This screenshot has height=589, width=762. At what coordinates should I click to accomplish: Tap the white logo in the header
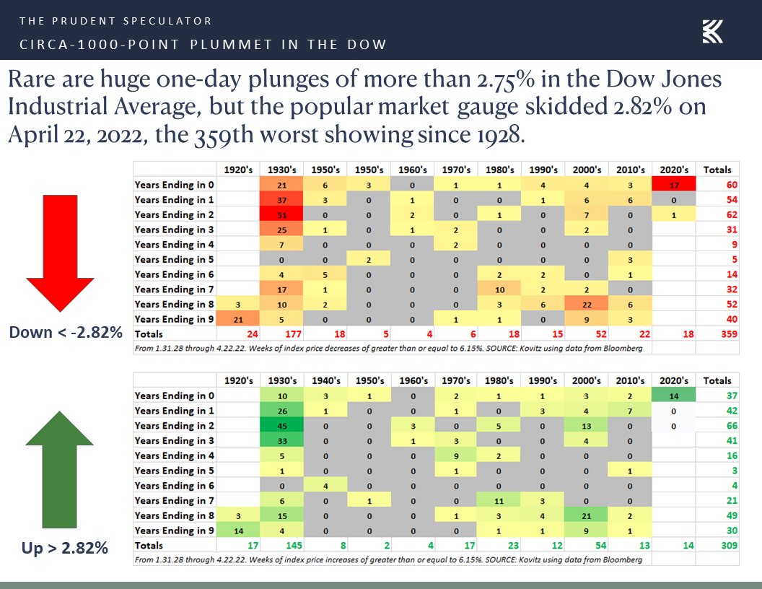(712, 31)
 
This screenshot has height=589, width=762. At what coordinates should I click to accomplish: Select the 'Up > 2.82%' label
(64, 547)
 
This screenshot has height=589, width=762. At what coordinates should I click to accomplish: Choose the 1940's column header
(326, 380)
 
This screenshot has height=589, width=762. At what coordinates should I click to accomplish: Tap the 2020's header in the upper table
(674, 170)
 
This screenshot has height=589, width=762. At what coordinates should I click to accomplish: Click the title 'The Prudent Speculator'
(115, 21)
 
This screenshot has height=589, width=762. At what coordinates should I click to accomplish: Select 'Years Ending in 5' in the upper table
(175, 259)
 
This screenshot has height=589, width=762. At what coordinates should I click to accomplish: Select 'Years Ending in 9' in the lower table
(175, 531)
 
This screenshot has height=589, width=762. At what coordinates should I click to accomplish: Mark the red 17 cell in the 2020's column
(674, 185)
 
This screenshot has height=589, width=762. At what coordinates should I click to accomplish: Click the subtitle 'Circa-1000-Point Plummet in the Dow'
(203, 45)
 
